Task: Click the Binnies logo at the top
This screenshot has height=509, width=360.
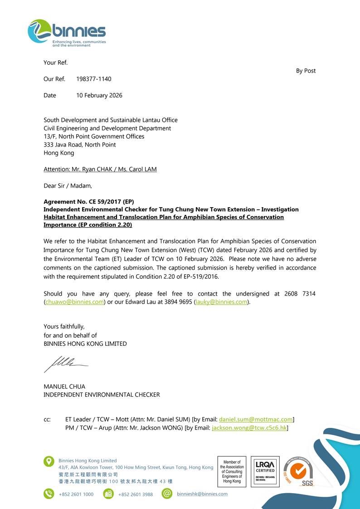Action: (67, 33)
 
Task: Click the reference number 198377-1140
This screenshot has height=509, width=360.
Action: (93, 79)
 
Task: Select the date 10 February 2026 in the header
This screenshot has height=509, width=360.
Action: (99, 95)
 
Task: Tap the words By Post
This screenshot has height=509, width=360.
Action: (306, 71)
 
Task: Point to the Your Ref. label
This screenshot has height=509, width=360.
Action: (55, 63)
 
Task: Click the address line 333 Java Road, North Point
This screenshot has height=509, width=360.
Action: (79, 145)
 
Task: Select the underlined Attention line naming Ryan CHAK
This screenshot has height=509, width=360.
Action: (100, 169)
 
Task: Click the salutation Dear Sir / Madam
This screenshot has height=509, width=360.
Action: (68, 185)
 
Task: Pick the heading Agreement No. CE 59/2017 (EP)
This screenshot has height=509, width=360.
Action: (88, 202)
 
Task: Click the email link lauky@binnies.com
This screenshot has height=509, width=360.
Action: (222, 302)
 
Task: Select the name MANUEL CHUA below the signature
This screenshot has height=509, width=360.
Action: (64, 387)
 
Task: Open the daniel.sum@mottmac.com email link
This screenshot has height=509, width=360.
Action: (256, 420)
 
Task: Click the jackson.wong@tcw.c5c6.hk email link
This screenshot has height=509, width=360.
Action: (249, 427)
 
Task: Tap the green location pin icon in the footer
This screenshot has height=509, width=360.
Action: (49, 461)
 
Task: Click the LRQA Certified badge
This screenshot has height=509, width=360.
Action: (265, 471)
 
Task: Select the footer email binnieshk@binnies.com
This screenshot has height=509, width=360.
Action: (202, 494)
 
